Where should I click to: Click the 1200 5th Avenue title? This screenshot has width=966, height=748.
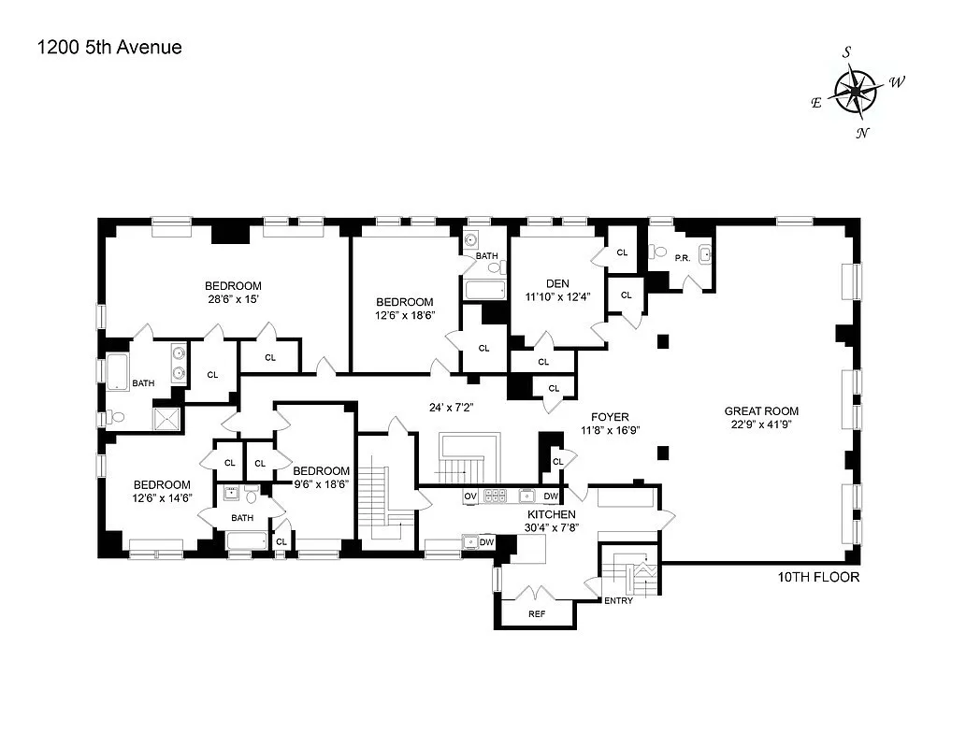pyautogui.click(x=108, y=47)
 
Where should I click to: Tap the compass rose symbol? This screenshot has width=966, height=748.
pyautogui.click(x=855, y=92)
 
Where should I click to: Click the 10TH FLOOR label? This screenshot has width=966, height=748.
pyautogui.click(x=817, y=577)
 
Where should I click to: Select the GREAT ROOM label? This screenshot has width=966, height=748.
pyautogui.click(x=761, y=410)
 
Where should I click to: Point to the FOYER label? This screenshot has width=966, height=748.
pyautogui.click(x=609, y=417)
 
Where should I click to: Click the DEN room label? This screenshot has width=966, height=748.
pyautogui.click(x=557, y=284)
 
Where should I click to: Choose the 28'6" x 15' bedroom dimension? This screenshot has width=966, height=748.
pyautogui.click(x=233, y=299)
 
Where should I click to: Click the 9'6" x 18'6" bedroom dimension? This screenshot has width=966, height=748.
pyautogui.click(x=321, y=484)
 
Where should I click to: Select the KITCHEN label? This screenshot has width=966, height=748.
pyautogui.click(x=551, y=514)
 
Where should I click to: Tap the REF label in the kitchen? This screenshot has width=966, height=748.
pyautogui.click(x=536, y=614)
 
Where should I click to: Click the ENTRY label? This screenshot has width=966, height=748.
pyautogui.click(x=618, y=600)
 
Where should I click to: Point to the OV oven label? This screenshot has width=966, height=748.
pyautogui.click(x=470, y=496)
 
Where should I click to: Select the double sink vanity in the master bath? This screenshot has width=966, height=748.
pyautogui.click(x=177, y=364)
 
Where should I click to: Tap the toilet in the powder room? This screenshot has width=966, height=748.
pyautogui.click(x=660, y=252)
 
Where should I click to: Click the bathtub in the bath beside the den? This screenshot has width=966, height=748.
pyautogui.click(x=485, y=291)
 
